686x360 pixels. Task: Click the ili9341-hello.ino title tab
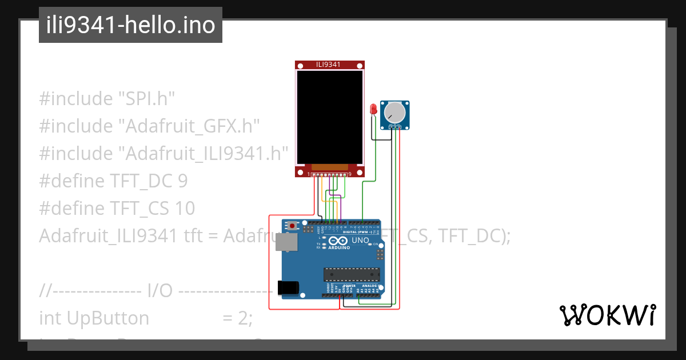pyautogui.click(x=130, y=26)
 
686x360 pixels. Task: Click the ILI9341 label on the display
pyautogui.click(x=329, y=65)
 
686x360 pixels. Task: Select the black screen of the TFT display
pyautogui.click(x=329, y=117)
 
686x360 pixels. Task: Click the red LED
pyautogui.click(x=373, y=109)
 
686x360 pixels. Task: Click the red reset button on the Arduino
pyautogui.click(x=293, y=226)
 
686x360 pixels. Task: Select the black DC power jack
pyautogui.click(x=288, y=287)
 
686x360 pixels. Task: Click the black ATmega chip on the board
pyautogui.click(x=351, y=275)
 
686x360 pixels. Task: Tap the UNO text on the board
pyautogui.click(x=360, y=241)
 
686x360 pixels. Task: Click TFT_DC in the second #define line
pyautogui.click(x=141, y=181)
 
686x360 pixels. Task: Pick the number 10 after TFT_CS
pyautogui.click(x=185, y=209)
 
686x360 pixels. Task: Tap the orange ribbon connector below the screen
pyautogui.click(x=329, y=167)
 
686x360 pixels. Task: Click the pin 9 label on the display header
pyautogui.click(x=349, y=174)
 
